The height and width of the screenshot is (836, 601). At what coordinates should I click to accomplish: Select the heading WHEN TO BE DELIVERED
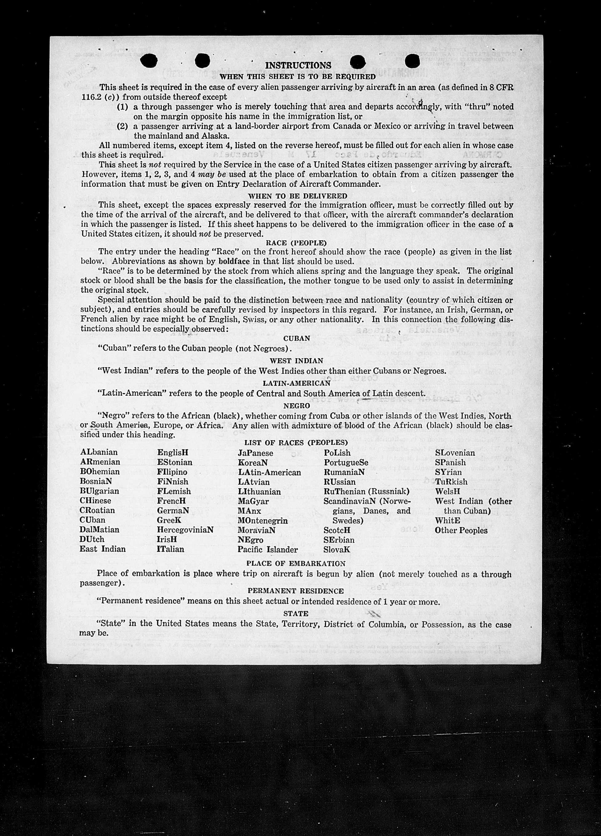298,196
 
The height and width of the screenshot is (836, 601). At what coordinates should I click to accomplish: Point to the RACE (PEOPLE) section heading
296,243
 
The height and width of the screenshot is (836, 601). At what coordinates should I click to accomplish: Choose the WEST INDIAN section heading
296,360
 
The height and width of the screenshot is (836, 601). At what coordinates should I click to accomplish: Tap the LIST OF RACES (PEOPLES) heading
296,442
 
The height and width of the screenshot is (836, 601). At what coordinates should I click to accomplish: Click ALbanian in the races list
99,452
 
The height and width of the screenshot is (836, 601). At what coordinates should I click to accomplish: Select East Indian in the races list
102,549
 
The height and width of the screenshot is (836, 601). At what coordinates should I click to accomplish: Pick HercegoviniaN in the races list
185,530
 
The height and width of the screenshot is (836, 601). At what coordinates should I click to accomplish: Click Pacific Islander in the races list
268,550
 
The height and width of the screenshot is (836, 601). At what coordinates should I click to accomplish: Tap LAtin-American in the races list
269,472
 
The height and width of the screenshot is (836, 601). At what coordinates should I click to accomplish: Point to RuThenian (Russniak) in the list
367,491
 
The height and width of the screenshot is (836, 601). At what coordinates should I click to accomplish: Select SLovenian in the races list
455,453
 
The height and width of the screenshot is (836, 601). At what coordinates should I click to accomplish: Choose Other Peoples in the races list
461,531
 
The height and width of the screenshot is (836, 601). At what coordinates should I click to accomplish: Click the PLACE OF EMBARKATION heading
296,563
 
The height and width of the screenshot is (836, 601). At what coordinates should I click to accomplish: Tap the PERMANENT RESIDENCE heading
295,591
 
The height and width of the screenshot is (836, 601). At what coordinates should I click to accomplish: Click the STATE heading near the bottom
296,613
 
